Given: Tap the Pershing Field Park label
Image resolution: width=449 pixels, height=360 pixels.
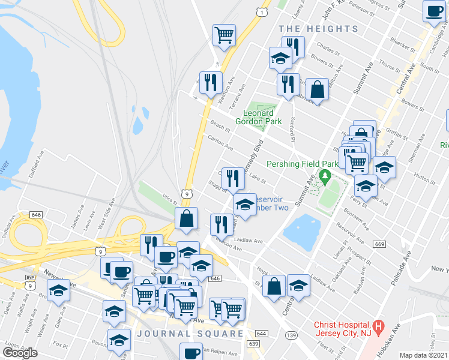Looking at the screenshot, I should pos(294,164).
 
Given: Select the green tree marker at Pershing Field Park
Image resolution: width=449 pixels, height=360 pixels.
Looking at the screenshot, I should pos(325,178).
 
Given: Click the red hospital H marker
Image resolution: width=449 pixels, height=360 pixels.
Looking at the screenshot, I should pos(378,328).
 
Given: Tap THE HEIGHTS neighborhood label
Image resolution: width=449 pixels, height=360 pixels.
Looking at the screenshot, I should pos(318,28).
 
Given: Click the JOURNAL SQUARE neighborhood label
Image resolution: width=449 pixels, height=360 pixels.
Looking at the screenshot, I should pos(190,334).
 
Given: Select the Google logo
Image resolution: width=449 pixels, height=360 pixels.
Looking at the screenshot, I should pos(20,353).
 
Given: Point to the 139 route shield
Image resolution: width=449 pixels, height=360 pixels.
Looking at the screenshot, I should pos(291,335).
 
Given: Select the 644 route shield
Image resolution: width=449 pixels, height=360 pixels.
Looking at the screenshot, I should pos(261,333).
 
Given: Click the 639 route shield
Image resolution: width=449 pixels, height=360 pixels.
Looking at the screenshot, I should pos(254,344).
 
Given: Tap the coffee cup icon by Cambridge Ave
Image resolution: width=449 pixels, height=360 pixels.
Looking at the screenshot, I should pos(433,11).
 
